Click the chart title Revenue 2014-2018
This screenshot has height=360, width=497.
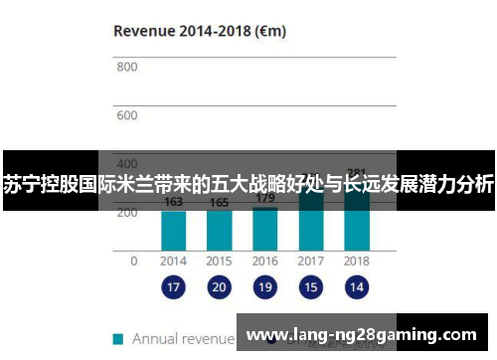(x=200, y=30)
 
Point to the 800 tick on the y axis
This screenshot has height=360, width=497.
(x=126, y=68)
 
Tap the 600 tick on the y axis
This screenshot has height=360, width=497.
(x=126, y=115)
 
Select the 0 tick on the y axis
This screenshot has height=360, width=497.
(x=134, y=261)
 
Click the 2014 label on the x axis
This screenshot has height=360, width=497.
(x=173, y=261)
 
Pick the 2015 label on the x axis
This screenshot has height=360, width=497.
(x=219, y=261)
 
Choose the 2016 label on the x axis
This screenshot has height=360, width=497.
(x=264, y=261)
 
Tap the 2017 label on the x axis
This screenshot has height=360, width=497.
(x=310, y=261)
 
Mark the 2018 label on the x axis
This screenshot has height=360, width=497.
(x=356, y=261)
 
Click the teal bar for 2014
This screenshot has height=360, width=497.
(x=173, y=230)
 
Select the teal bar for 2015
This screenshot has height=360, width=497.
(x=219, y=230)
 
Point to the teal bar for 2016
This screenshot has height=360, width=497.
(x=264, y=228)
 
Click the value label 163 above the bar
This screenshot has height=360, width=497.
(x=173, y=202)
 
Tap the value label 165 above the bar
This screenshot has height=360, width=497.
(x=219, y=203)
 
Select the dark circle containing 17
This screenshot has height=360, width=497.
(x=173, y=288)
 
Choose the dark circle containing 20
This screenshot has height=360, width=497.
(x=219, y=288)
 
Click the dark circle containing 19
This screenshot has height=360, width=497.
(x=264, y=288)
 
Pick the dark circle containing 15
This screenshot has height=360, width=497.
(x=310, y=288)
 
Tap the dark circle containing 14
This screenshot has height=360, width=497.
(x=356, y=288)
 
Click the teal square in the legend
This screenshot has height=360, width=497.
(x=118, y=338)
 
